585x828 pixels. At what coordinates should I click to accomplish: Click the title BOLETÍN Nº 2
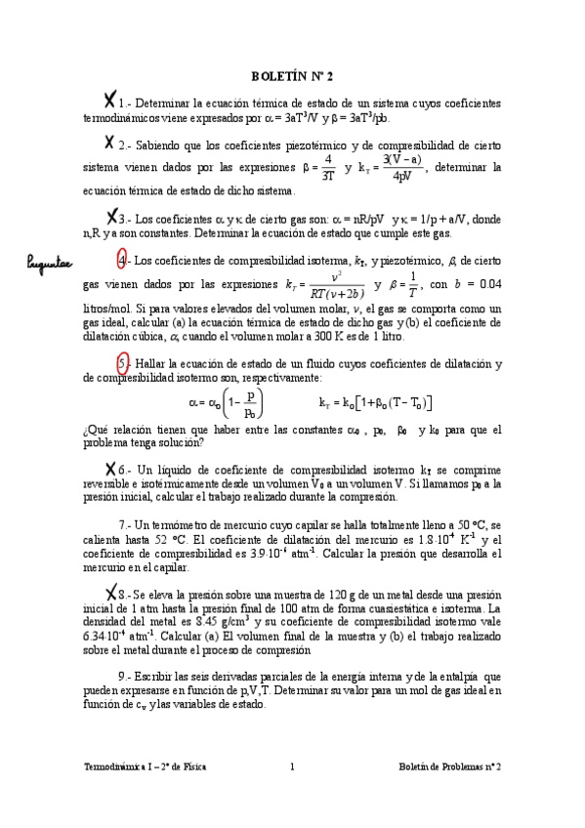(x=292, y=74)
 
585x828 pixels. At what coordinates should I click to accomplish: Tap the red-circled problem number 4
(x=121, y=261)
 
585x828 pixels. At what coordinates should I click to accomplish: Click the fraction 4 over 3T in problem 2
(x=328, y=167)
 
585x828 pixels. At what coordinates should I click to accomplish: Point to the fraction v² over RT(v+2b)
(x=337, y=285)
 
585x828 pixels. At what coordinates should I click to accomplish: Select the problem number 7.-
(x=124, y=524)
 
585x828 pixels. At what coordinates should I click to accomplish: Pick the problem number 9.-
(x=124, y=676)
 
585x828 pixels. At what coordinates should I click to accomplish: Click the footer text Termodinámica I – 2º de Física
(x=146, y=767)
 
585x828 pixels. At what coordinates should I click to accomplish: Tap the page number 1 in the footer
(x=292, y=767)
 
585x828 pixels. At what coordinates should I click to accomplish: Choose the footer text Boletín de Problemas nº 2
(x=450, y=767)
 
